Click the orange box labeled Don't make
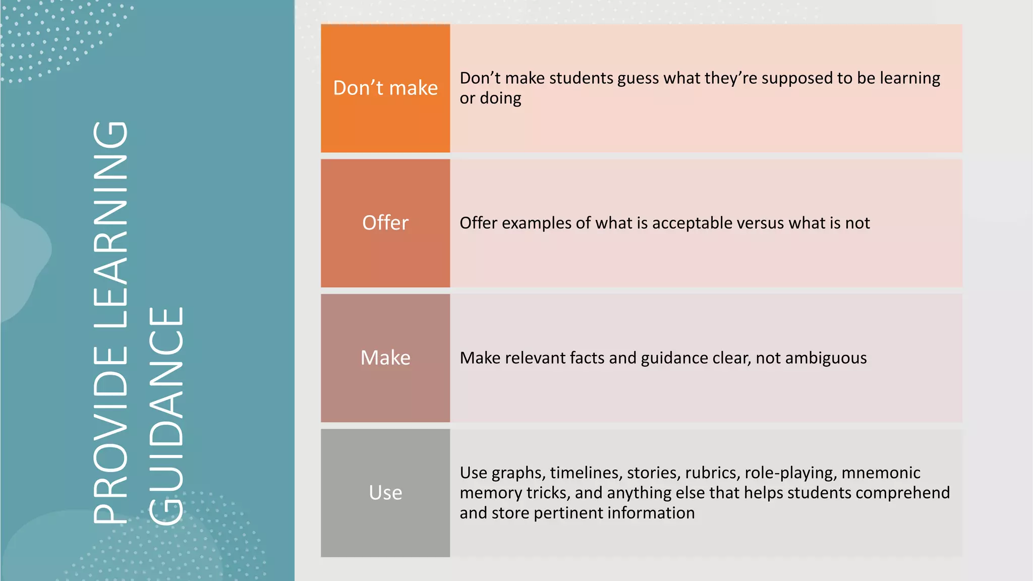[x=385, y=88]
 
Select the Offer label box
[x=385, y=223]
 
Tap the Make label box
[x=385, y=358]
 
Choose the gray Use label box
[x=385, y=493]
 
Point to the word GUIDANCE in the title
[x=166, y=416]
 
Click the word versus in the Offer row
[x=761, y=223]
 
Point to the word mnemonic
[x=881, y=473]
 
